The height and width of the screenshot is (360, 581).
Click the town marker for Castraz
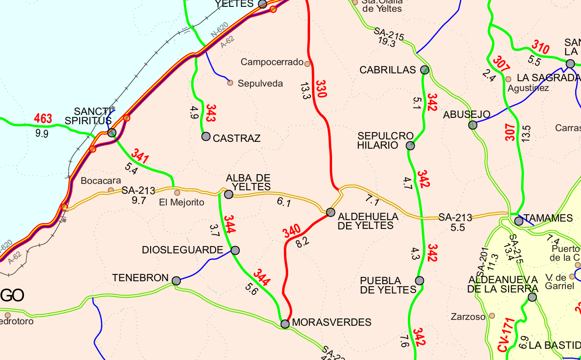point(206,136)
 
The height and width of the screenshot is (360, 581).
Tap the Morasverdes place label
point(332,322)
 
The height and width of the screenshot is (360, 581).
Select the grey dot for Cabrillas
point(425,69)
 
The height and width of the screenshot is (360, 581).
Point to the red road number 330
point(320,89)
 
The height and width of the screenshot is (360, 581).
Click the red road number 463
point(43,118)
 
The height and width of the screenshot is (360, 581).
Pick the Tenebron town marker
point(176,281)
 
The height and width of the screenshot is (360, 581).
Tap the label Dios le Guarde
point(182,250)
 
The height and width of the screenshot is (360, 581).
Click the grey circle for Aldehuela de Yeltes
point(331,212)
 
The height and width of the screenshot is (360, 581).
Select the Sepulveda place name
point(260,84)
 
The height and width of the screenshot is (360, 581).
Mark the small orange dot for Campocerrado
point(308,64)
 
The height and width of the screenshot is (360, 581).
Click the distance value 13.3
point(305,91)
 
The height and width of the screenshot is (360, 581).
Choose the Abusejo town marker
point(472,125)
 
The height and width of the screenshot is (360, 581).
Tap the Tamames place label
point(548,218)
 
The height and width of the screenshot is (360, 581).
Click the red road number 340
point(291,231)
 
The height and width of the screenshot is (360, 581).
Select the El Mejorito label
point(182,202)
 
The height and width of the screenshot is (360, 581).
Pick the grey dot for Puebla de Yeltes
point(419,281)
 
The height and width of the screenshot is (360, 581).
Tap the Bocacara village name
point(101,180)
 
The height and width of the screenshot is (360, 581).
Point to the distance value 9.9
point(42,133)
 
